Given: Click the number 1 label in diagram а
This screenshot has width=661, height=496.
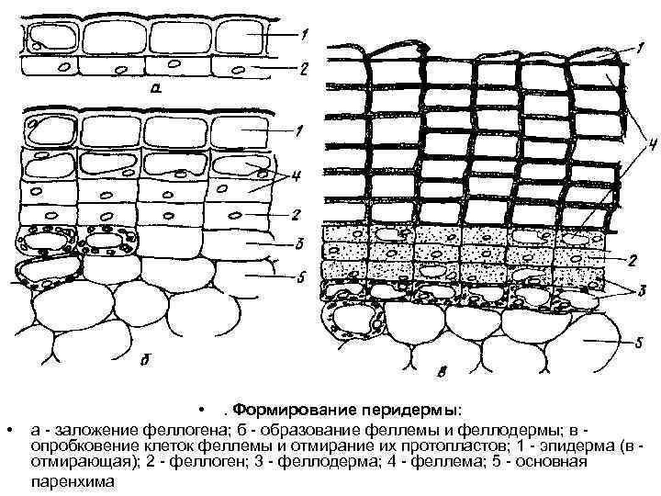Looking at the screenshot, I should click(x=304, y=34).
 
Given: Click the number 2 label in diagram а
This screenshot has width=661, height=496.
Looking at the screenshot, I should click(x=304, y=69).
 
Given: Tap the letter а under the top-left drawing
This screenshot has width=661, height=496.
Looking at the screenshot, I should click(x=157, y=90).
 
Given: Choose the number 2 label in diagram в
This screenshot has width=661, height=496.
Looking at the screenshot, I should click(x=632, y=260).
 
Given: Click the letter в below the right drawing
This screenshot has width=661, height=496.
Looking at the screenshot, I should click(x=443, y=372).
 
